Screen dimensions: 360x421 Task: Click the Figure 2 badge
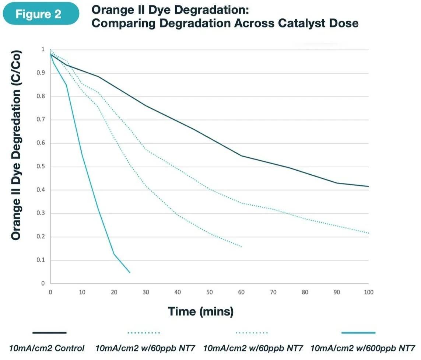(41, 14)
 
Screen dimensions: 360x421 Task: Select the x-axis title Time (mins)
(201, 311)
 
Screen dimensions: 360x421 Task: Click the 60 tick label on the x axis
(241, 292)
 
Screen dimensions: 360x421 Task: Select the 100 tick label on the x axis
(368, 292)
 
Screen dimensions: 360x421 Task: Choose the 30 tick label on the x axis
(146, 292)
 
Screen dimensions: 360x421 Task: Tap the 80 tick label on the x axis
(305, 292)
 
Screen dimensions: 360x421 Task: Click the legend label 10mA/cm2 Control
(47, 348)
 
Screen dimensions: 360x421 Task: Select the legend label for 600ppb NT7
(363, 348)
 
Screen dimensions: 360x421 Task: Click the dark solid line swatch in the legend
(49, 333)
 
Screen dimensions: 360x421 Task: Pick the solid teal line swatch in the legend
(358, 333)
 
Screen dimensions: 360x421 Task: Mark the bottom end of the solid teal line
(130, 273)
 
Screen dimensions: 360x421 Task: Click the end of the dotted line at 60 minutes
(242, 247)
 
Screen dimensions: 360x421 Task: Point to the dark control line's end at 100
(368, 186)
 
